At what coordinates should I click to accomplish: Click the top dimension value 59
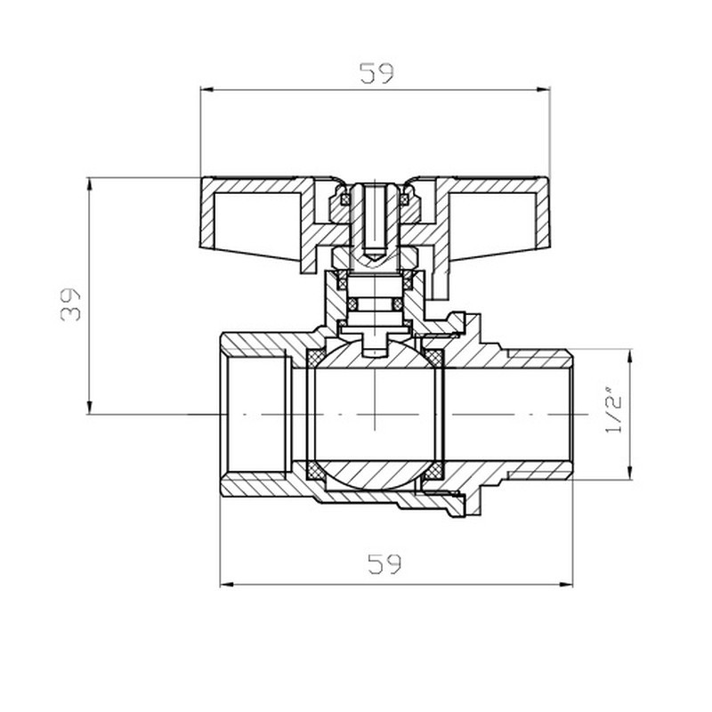376,73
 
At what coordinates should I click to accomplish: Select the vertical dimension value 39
73,303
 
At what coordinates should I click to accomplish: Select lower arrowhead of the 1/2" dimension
630,474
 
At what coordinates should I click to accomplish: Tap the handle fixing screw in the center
375,222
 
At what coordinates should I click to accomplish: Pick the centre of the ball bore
375,415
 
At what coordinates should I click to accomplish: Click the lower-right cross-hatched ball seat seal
433,470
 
